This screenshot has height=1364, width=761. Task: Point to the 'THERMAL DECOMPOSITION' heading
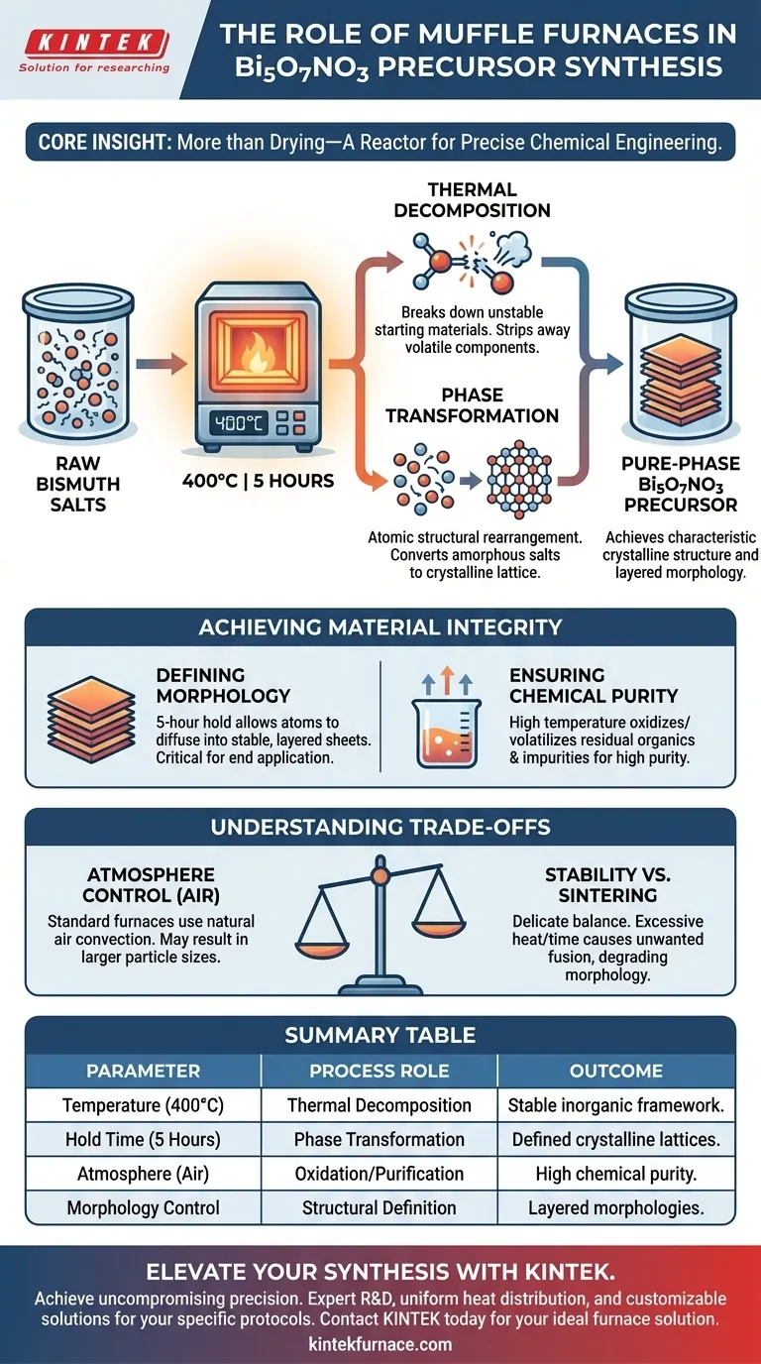(473, 199)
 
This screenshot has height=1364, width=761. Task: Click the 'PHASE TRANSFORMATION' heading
(473, 403)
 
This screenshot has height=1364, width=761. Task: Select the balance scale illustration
(380, 927)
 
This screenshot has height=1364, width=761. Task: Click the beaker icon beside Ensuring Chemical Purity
(441, 729)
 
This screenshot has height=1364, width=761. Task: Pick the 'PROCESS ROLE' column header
(379, 1071)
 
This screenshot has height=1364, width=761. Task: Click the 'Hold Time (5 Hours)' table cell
(143, 1140)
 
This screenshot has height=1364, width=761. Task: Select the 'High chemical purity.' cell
(616, 1174)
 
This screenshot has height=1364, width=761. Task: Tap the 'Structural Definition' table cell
(379, 1207)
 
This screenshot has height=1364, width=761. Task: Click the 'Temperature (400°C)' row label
(143, 1105)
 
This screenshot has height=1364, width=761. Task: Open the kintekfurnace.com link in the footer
(380, 1344)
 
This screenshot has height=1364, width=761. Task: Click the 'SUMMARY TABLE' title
(380, 1036)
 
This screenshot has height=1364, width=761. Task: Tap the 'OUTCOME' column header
(616, 1071)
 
